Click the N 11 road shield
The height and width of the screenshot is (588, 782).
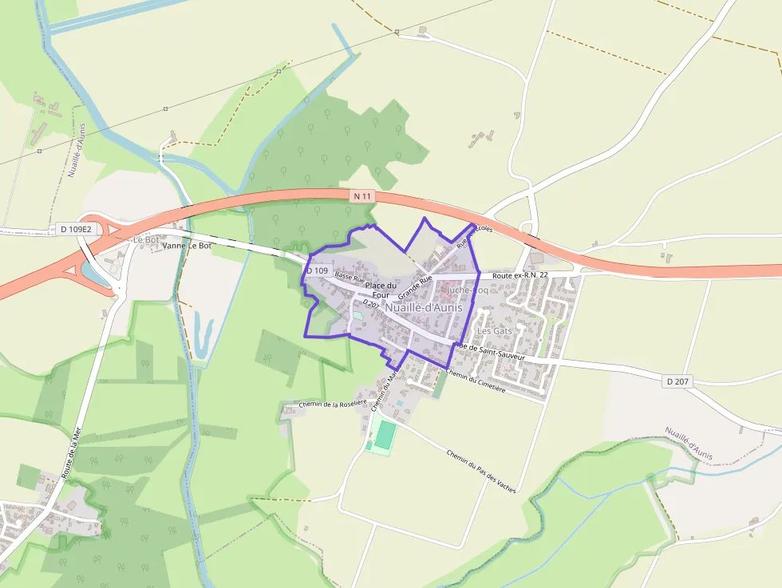(361, 195)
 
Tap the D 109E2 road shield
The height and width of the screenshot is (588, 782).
(77, 230)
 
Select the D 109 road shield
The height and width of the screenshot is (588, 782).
(317, 270)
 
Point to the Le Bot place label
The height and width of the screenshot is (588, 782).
(146, 239)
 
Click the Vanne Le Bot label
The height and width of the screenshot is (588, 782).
(187, 246)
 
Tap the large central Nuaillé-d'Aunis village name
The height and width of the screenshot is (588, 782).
(424, 307)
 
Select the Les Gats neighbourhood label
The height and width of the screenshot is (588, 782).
(494, 330)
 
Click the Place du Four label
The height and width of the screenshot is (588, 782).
(381, 290)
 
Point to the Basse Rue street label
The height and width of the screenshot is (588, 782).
(350, 278)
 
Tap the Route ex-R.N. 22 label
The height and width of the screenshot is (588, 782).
(520, 275)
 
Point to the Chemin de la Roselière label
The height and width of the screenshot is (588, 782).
(332, 404)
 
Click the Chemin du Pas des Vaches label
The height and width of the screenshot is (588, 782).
(481, 472)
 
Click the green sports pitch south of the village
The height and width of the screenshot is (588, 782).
(385, 436)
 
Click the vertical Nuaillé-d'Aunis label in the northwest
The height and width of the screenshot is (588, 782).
(76, 150)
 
